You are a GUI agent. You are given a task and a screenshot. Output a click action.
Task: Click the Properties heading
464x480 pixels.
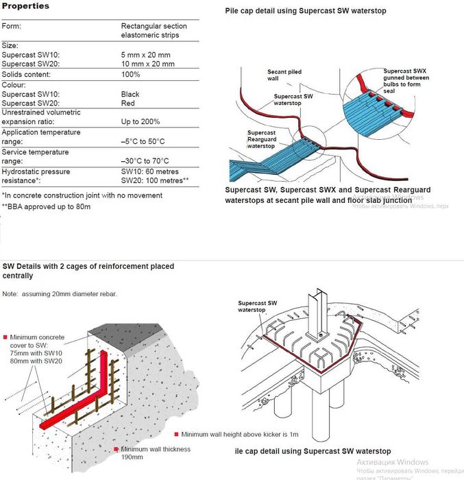tap(25, 6)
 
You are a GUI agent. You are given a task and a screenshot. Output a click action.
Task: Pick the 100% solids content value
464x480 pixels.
tap(131, 74)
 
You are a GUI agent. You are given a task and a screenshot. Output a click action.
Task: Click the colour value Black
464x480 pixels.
tap(130, 94)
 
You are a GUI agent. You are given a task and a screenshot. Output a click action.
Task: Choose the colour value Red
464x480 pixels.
tap(128, 104)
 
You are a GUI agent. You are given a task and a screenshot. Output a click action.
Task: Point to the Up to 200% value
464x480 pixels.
tap(141, 122)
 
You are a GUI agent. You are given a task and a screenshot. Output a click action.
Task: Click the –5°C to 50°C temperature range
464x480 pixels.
tap(143, 141)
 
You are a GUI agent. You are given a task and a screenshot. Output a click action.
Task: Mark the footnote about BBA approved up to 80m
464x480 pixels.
tap(47, 206)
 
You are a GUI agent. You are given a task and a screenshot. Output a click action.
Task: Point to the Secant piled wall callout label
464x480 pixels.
tap(279, 75)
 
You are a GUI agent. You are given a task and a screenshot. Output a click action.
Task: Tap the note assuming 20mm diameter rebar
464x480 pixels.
tap(60, 294)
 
